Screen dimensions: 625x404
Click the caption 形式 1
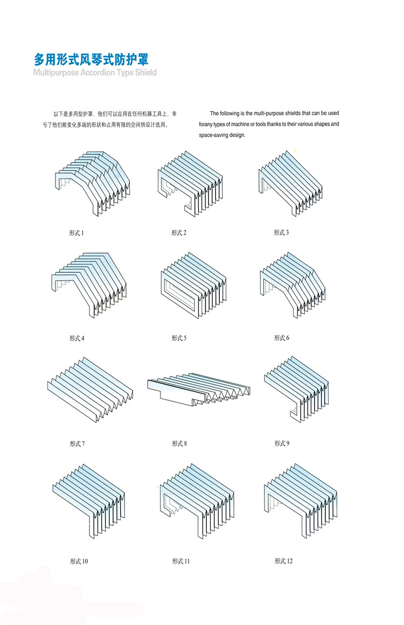[x=76, y=233]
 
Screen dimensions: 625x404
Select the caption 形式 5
[x=179, y=338]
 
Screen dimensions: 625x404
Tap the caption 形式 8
[x=179, y=444]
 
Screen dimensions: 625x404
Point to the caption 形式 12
[x=283, y=561]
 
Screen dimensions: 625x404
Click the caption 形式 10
[x=79, y=561]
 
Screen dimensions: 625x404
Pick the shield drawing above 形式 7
[x=90, y=391]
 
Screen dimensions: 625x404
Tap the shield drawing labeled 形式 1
[x=93, y=183]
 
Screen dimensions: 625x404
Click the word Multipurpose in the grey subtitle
[x=56, y=72]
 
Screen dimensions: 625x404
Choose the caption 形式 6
[x=281, y=338]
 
